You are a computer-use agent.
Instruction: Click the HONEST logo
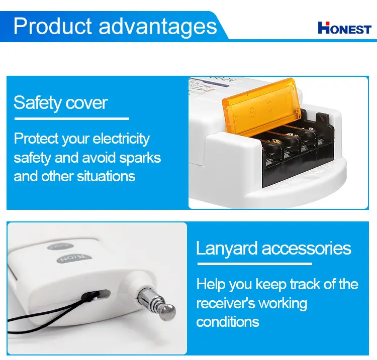click(344, 28)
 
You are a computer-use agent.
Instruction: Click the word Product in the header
click(52, 26)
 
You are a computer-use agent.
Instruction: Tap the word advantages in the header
click(158, 27)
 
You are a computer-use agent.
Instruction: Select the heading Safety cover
click(60, 103)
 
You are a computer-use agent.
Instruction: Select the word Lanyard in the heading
click(226, 249)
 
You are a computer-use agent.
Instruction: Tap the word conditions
click(228, 322)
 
